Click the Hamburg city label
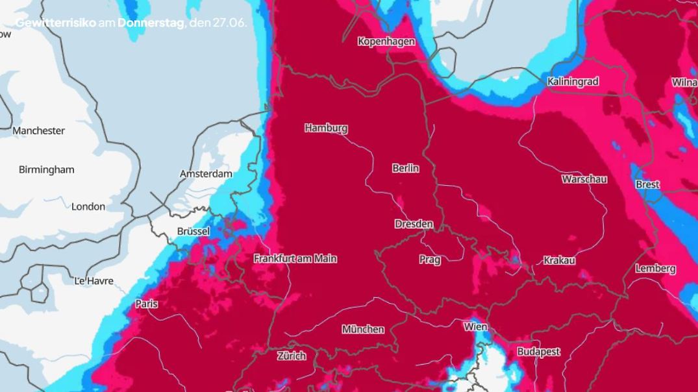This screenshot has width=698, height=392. click(326, 128)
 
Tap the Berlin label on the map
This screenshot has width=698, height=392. click(405, 168)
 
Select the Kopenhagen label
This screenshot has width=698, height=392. click(386, 42)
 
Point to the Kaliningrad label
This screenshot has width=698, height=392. click(573, 81)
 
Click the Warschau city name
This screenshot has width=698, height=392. click(584, 178)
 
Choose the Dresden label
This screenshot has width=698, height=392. click(414, 224)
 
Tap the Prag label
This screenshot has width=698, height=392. click(430, 260)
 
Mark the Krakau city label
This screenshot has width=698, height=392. click(559, 260)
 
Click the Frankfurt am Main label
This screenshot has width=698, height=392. click(295, 258)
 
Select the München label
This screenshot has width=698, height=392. click(363, 329)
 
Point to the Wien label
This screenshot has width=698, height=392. click(475, 326)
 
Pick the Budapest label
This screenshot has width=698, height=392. click(538, 352)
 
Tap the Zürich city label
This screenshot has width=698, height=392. click(292, 356)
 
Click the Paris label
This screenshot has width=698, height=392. click(147, 304)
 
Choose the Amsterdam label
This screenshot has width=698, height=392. click(206, 174)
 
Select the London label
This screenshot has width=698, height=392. click(88, 206)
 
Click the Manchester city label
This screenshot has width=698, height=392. click(39, 130)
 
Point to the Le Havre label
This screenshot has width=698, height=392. click(94, 281)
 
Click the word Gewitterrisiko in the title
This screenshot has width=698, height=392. click(55, 23)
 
